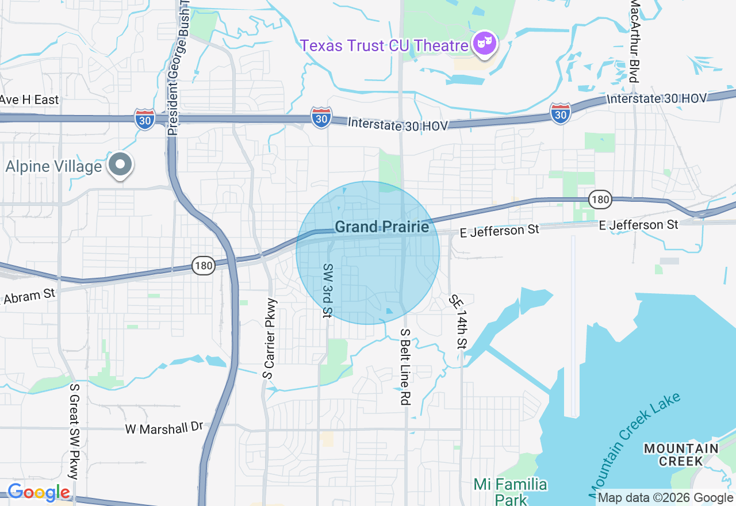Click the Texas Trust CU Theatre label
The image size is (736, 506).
click(384, 45)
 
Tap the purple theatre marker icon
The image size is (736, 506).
click(485, 44)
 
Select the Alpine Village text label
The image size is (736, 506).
click(53, 167)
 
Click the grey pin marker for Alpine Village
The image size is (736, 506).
click(120, 165)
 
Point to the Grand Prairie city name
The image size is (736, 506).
click(382, 227)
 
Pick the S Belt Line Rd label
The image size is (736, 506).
click(405, 367)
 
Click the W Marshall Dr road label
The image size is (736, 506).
click(164, 428)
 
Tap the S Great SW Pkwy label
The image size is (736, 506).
click(74, 431)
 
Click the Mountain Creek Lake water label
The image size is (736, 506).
click(635, 444)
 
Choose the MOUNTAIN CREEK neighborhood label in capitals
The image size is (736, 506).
click(681, 454)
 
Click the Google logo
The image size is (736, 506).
click(39, 493)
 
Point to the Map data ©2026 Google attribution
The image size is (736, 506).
click(665, 498)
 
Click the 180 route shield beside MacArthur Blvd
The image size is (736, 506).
click(600, 200)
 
